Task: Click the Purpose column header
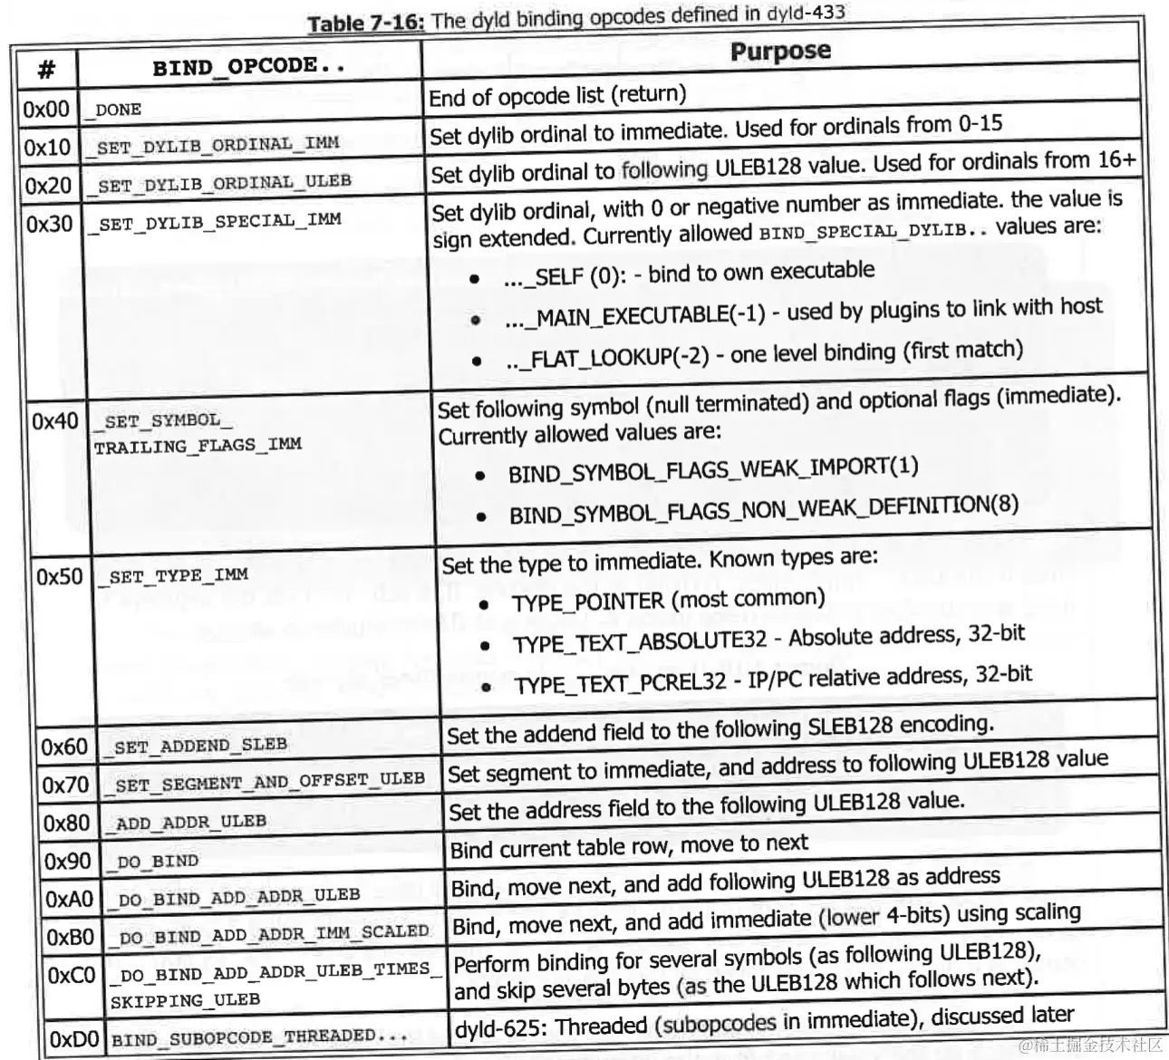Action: (x=780, y=50)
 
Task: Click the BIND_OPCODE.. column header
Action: (x=248, y=67)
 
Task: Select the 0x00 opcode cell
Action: (x=46, y=110)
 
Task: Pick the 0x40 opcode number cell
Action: (x=55, y=421)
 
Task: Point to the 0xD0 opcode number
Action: (x=74, y=1038)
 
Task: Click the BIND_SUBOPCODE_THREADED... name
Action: (x=258, y=1036)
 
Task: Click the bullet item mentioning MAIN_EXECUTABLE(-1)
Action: (x=802, y=312)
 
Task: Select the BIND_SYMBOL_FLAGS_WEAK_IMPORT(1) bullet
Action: (x=713, y=469)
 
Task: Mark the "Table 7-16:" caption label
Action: (x=365, y=24)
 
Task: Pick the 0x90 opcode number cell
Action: (x=67, y=861)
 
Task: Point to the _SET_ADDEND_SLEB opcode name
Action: (x=199, y=747)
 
